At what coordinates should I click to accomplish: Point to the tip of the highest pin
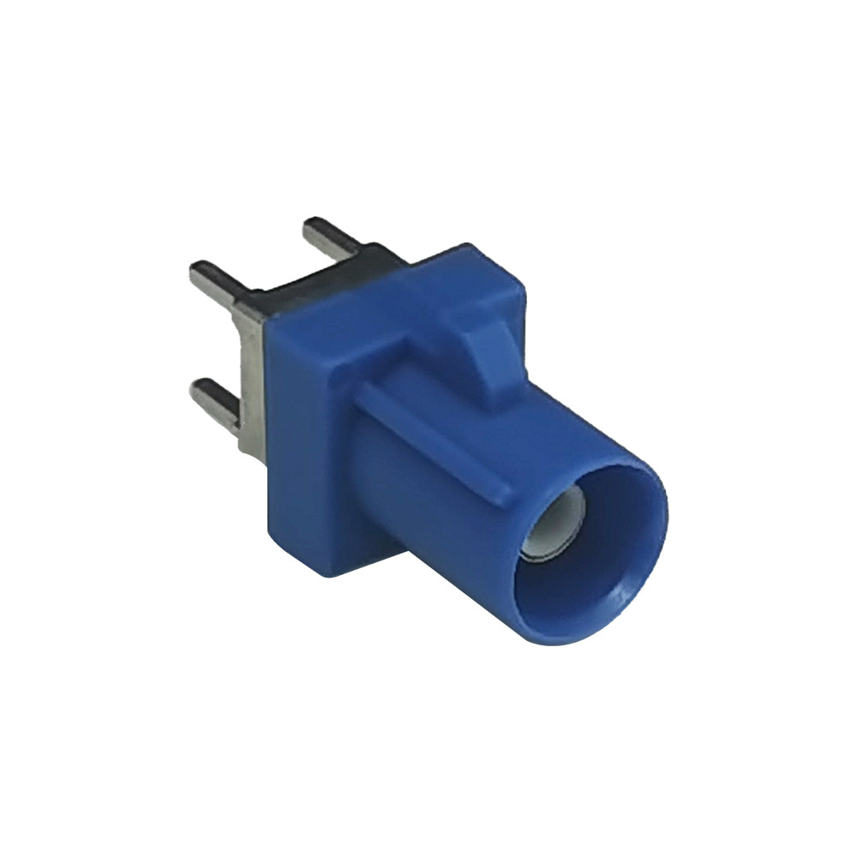310,225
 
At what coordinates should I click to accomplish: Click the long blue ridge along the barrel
437,437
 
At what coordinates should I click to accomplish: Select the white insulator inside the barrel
557,531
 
